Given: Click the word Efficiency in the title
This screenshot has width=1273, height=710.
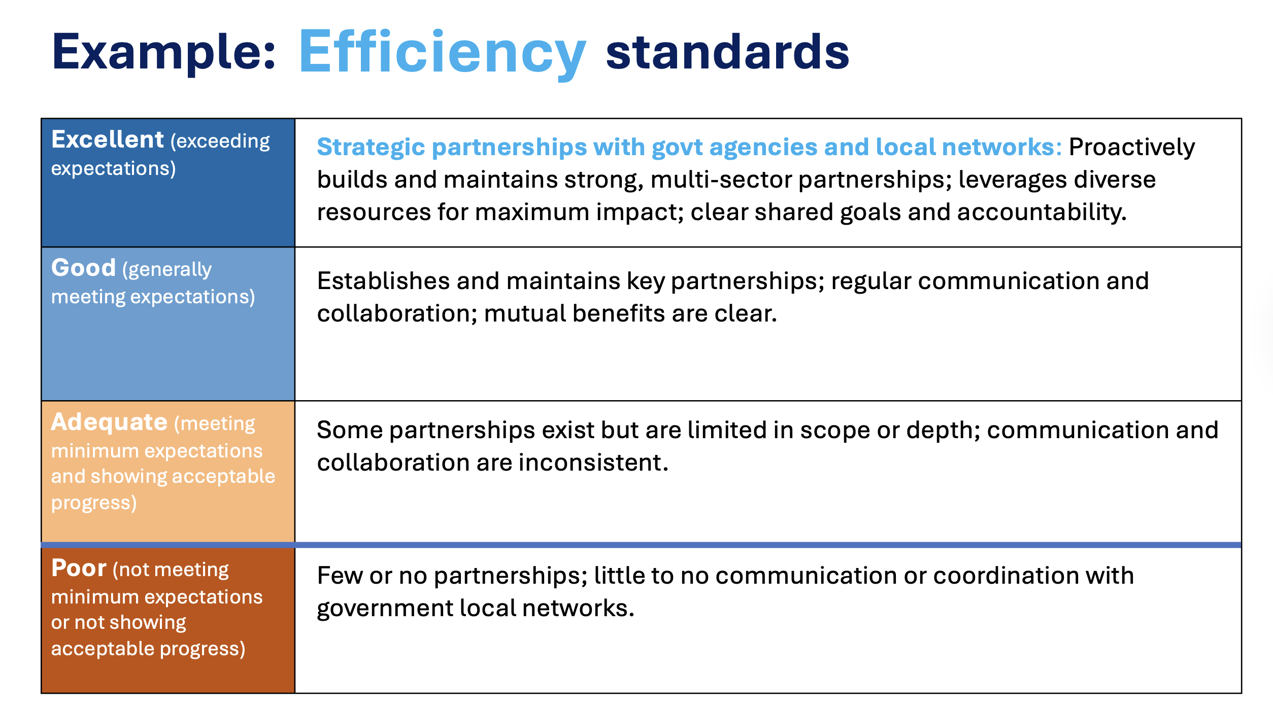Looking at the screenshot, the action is point(443,53).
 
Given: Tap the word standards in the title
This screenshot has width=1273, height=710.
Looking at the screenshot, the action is point(727,52).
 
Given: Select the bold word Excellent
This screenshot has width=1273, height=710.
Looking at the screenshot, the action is point(108,139).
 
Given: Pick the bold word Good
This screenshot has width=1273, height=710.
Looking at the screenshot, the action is point(84,268).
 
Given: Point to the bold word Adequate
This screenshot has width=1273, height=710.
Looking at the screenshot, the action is point(109,422).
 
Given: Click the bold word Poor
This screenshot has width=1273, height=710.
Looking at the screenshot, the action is point(79,568).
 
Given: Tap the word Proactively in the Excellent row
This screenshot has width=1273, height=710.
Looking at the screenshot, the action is point(1132,148).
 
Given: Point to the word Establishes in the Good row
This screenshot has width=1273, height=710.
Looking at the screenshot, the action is point(383,281).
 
